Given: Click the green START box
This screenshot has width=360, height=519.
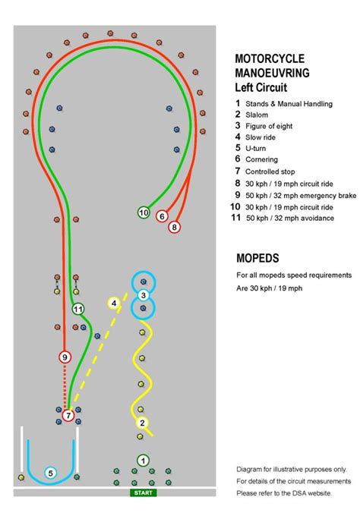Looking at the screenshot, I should click(x=143, y=493).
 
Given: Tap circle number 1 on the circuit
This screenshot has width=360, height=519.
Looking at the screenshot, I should click(x=143, y=460).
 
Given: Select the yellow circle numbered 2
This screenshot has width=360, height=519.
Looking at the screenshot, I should click(x=142, y=423).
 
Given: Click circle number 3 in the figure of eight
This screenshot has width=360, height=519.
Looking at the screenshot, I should click(x=143, y=295).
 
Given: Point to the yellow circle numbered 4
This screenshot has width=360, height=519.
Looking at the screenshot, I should click(x=113, y=304).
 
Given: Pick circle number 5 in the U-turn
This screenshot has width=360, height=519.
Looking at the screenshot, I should click(x=51, y=473).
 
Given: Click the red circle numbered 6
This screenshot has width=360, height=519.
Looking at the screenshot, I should click(x=162, y=216).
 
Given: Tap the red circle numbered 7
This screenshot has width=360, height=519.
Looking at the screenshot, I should click(x=68, y=415).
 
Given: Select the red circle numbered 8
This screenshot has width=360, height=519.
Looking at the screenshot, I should click(x=175, y=226).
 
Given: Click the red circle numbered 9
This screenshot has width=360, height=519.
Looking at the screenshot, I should click(x=65, y=357).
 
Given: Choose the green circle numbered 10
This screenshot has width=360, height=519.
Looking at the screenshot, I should click(x=144, y=213).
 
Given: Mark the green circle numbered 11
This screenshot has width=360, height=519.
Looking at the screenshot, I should click(x=77, y=309).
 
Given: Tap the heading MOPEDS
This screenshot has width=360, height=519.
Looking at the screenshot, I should click(x=257, y=257).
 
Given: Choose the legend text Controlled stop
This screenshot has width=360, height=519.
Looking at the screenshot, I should click(x=274, y=171).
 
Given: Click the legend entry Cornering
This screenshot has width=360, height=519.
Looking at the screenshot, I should click(x=261, y=159).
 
